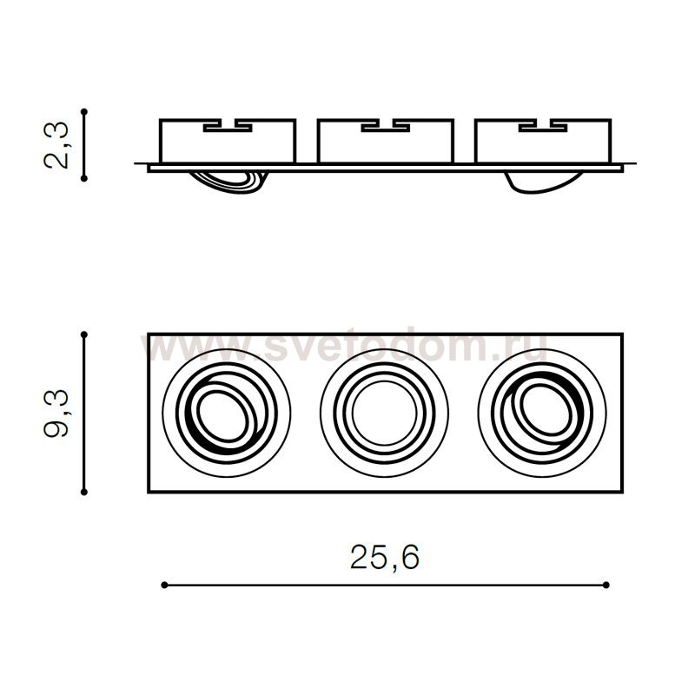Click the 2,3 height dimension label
(x=56, y=145)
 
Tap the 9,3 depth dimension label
(x=56, y=414)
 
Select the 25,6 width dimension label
(x=384, y=557)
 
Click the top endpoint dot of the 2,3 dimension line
(x=84, y=112)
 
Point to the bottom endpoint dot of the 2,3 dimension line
(x=84, y=178)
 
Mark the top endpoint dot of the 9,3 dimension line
(x=84, y=334)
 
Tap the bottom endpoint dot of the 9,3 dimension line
(x=84, y=492)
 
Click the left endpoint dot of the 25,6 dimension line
(x=164, y=585)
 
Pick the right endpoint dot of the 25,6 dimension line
(x=606, y=585)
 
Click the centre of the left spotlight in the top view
(x=227, y=414)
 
